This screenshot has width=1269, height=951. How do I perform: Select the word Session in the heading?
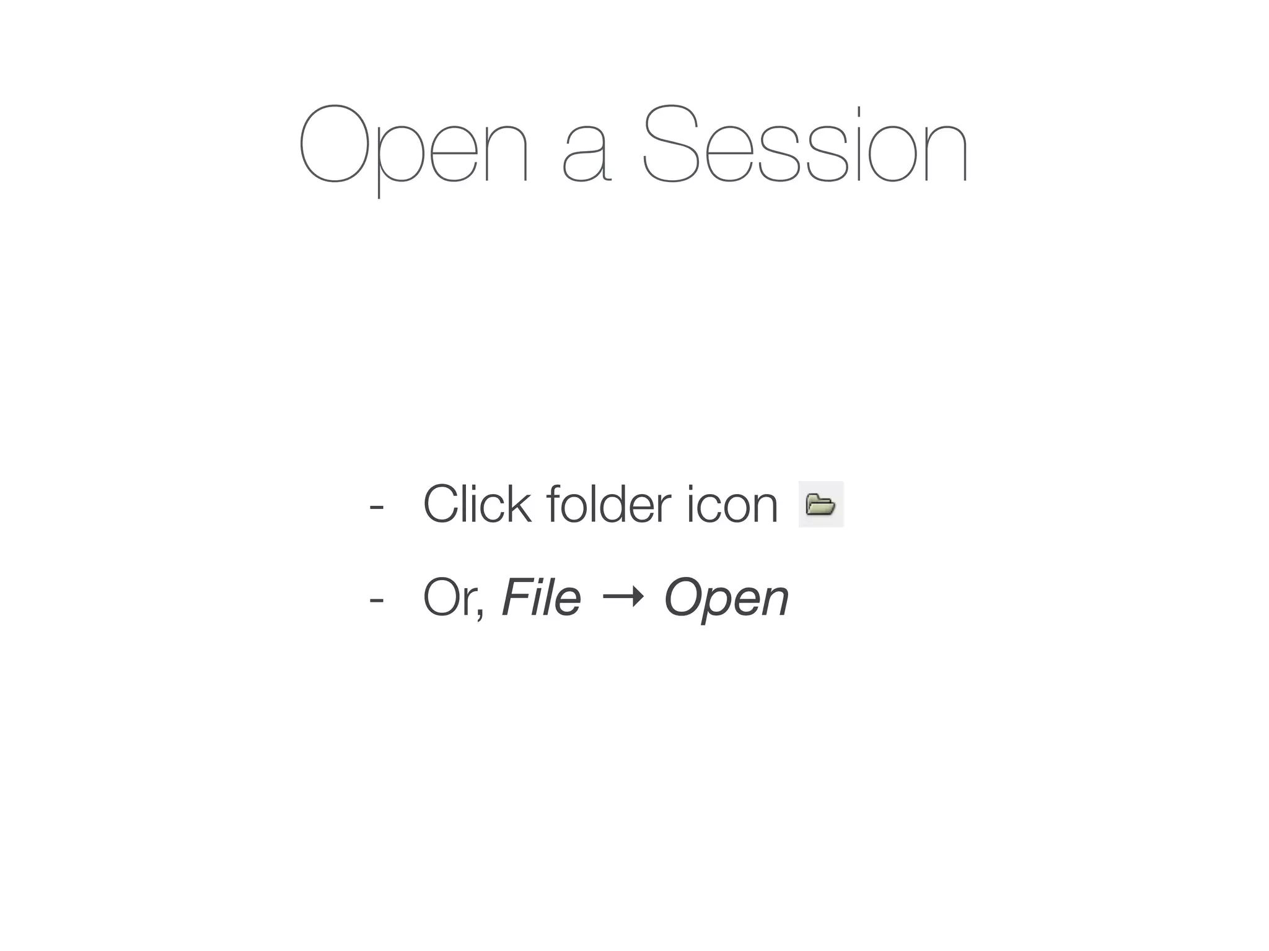(805, 145)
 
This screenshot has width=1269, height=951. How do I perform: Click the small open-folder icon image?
(820, 505)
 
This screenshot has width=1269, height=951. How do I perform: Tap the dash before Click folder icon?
(375, 506)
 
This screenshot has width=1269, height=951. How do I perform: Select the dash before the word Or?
(375, 599)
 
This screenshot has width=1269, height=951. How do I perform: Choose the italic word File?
(541, 598)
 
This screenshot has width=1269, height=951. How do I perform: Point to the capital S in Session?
(673, 145)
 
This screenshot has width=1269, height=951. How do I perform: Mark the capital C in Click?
(443, 505)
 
